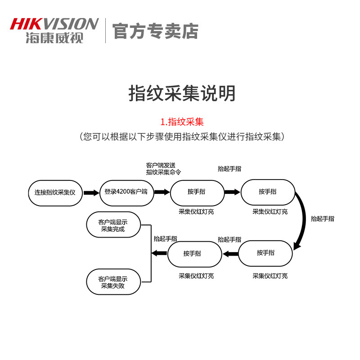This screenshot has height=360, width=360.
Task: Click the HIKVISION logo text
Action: (x=54, y=24)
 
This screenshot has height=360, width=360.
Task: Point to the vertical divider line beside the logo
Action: (x=105, y=31)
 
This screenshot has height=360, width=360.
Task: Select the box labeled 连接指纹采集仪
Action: (x=55, y=193)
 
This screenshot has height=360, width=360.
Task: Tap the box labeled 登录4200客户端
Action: (x=126, y=193)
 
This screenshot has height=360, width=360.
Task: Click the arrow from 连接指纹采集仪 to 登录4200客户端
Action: (x=91, y=193)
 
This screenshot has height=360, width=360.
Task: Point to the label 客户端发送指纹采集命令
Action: (x=163, y=169)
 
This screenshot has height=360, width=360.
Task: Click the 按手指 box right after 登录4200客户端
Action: (x=197, y=193)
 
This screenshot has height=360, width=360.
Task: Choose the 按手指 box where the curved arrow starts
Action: (x=268, y=192)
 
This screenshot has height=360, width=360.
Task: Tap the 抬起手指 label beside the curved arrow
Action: (x=322, y=219)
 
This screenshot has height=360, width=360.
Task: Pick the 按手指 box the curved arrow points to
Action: (x=265, y=253)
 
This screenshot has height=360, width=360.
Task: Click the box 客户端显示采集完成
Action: (x=113, y=225)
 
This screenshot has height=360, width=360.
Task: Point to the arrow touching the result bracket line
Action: (x=159, y=253)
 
